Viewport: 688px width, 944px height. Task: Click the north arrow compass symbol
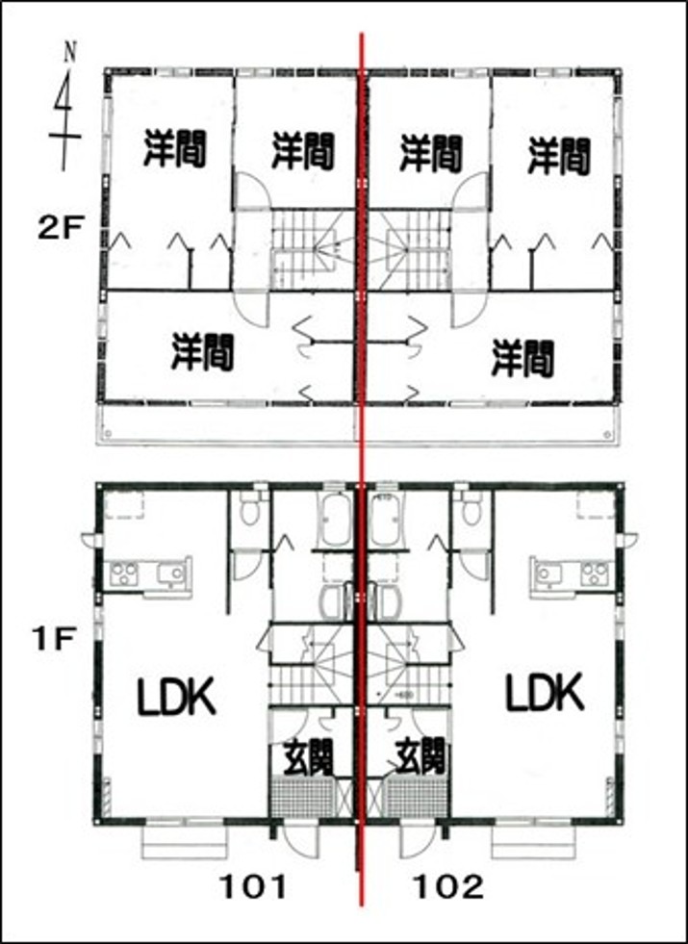coord(64,109)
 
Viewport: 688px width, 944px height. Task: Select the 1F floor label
coord(54,641)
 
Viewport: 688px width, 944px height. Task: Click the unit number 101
coord(252,886)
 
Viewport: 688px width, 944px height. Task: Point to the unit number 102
coord(447,886)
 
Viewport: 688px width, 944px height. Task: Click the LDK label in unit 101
coord(176,696)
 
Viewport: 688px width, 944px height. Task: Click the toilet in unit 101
coord(248,507)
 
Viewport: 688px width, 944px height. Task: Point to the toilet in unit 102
coord(471,507)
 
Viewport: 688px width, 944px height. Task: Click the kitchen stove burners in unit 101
coord(124,574)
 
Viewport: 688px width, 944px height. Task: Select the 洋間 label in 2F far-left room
coord(174,149)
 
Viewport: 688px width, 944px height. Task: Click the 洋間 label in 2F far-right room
coord(559,155)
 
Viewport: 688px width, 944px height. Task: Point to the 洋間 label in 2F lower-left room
coord(202,352)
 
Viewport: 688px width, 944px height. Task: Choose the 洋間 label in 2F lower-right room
coord(522,358)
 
